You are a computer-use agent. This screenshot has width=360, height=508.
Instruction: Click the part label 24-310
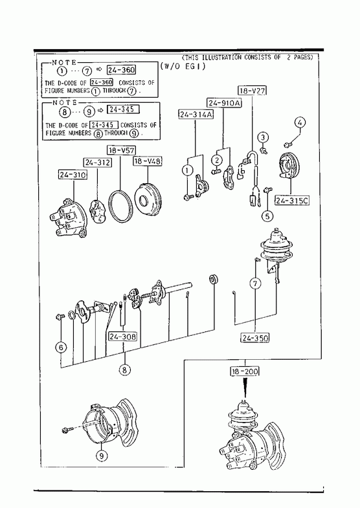(x=73, y=175)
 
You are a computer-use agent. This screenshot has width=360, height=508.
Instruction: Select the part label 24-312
(x=98, y=162)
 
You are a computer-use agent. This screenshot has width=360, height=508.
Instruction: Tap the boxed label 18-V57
(x=121, y=150)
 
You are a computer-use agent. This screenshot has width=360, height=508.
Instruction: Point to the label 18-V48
(x=148, y=160)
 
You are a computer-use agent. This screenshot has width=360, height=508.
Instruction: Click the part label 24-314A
(x=196, y=115)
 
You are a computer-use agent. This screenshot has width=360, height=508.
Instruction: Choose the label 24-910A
(x=225, y=103)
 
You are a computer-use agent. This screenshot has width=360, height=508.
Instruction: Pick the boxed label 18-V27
(x=253, y=91)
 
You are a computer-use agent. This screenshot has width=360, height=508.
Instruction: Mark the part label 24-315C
(x=291, y=201)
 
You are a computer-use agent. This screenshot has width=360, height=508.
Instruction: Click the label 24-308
(x=122, y=337)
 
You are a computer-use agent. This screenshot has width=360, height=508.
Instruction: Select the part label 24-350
(x=255, y=338)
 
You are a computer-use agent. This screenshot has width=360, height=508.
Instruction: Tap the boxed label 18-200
(x=245, y=371)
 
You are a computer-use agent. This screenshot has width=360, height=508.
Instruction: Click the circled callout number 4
(x=300, y=122)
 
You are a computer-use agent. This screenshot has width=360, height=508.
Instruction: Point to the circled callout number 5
(x=267, y=215)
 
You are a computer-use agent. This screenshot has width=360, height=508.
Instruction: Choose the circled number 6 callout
(x=61, y=348)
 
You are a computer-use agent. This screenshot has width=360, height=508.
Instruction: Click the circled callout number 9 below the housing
(x=102, y=456)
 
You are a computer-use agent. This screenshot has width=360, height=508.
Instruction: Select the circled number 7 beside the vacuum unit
(x=255, y=284)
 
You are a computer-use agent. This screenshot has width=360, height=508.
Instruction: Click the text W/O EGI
(x=183, y=67)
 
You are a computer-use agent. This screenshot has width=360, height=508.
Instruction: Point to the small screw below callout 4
(x=287, y=143)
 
